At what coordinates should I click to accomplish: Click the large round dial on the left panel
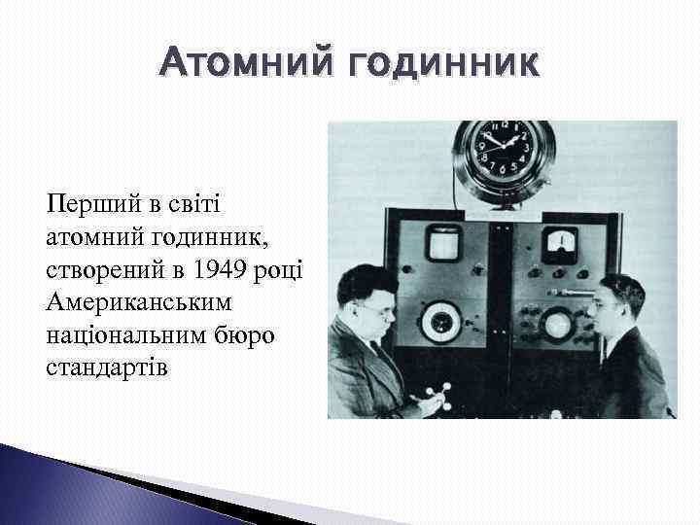coord(441,320)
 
